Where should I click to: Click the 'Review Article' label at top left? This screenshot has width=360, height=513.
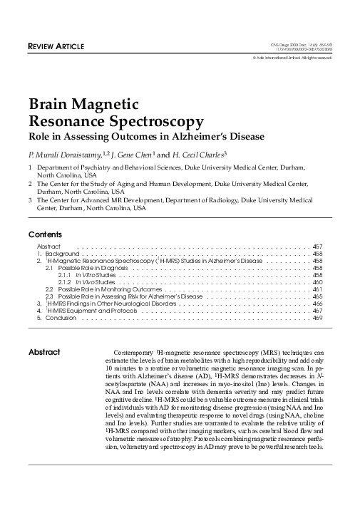coord(56,47)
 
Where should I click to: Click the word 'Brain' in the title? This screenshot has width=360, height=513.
coord(52,105)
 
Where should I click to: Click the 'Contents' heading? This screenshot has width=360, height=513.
coord(45,234)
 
